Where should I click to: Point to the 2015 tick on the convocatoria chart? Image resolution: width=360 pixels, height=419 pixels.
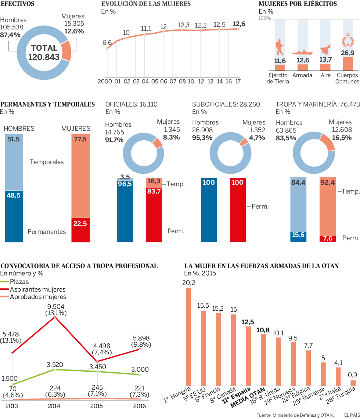97,406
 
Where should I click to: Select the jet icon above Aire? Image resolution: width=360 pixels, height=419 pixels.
325,50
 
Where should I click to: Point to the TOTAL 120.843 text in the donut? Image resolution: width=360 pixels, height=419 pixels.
44,52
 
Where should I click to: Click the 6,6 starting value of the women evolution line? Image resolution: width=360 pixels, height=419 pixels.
107,43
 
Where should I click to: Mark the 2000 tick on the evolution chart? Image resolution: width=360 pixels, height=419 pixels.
104,82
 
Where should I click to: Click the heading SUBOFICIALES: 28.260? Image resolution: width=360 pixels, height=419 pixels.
226,105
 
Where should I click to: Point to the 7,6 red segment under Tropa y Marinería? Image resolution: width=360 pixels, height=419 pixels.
328,239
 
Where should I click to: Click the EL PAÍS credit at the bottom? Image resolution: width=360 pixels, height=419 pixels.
351,415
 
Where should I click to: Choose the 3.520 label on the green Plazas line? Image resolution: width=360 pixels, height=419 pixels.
55,365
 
